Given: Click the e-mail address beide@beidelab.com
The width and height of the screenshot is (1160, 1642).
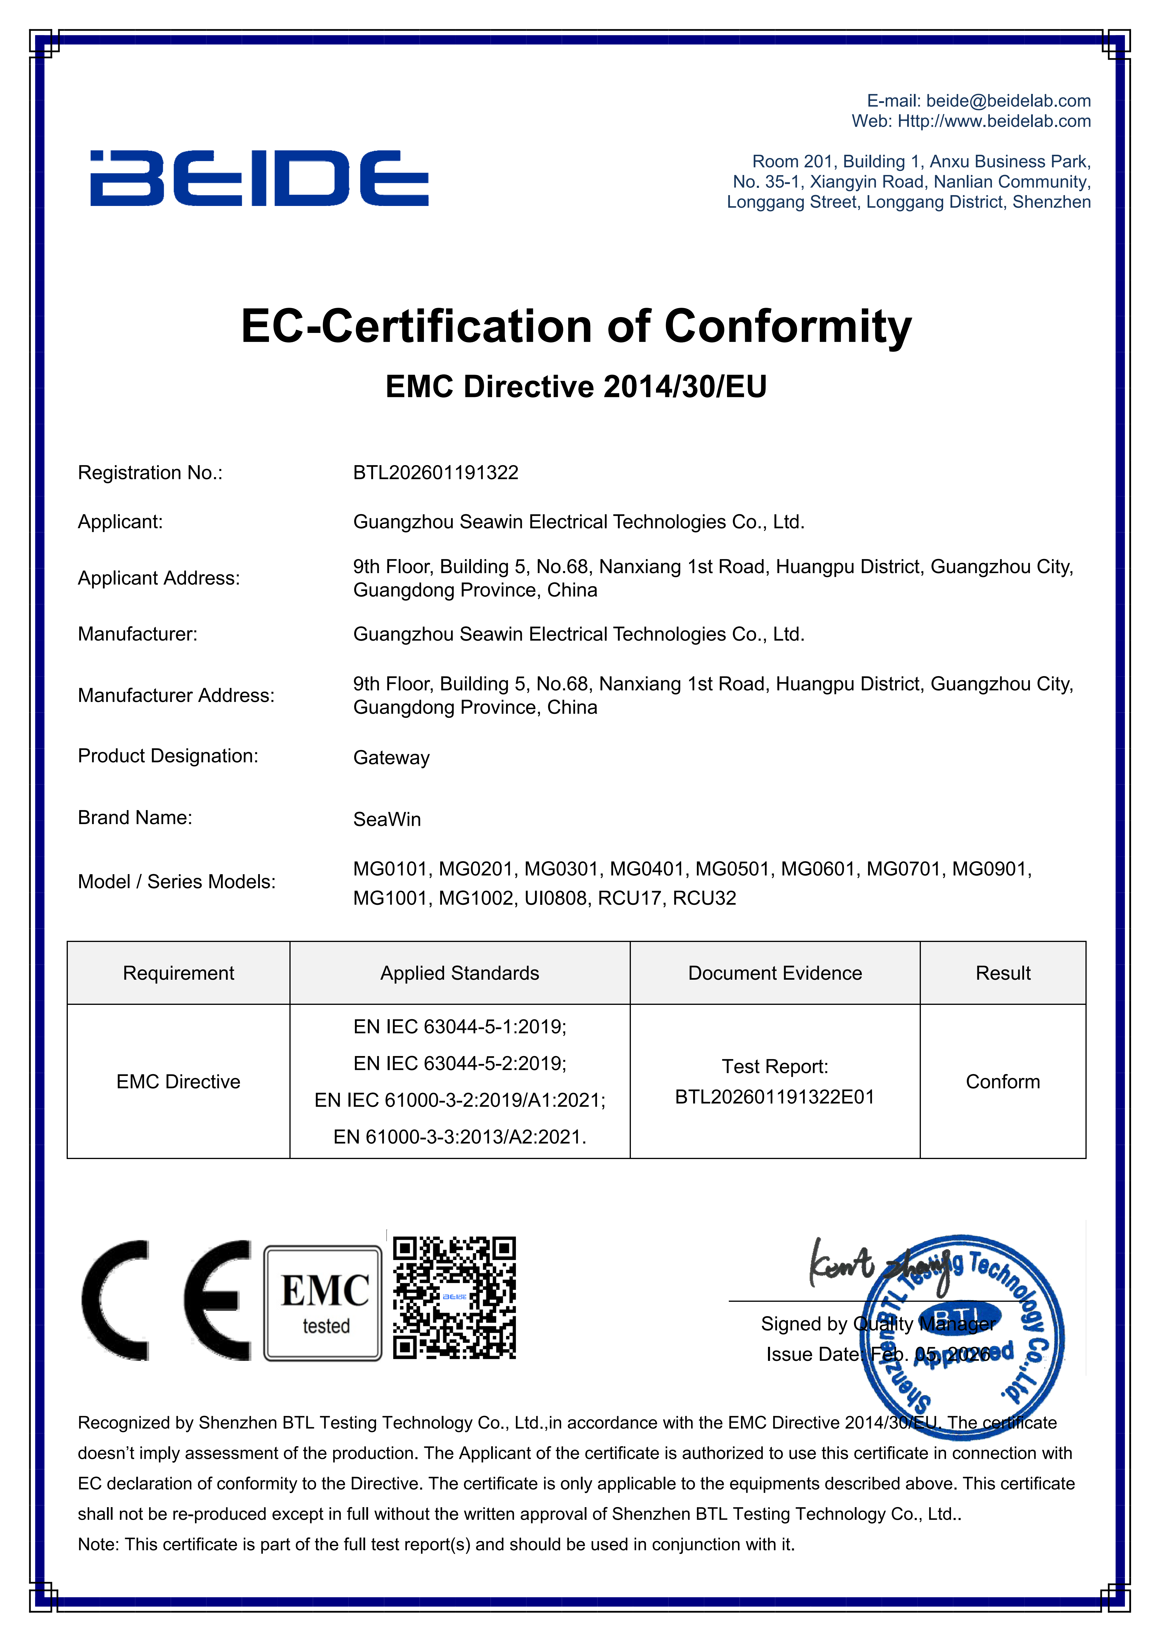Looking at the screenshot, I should (x=1008, y=101).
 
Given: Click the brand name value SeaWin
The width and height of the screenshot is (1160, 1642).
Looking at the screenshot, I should (x=387, y=820).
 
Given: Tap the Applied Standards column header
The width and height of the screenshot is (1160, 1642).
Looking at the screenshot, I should (x=460, y=973).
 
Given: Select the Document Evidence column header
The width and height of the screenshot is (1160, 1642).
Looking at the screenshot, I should (x=775, y=973).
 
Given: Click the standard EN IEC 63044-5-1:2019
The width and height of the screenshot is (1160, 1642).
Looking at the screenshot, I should (x=460, y=1027).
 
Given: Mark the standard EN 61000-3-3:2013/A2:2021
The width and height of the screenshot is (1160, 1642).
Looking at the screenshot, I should (x=460, y=1137).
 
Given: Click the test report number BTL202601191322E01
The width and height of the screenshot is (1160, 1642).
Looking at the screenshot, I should (x=775, y=1097).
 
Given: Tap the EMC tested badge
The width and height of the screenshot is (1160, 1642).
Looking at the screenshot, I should (x=323, y=1303).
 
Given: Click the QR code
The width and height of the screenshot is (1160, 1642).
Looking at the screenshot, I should (x=455, y=1297).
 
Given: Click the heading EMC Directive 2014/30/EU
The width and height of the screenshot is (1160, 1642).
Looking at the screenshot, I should (x=576, y=387).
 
